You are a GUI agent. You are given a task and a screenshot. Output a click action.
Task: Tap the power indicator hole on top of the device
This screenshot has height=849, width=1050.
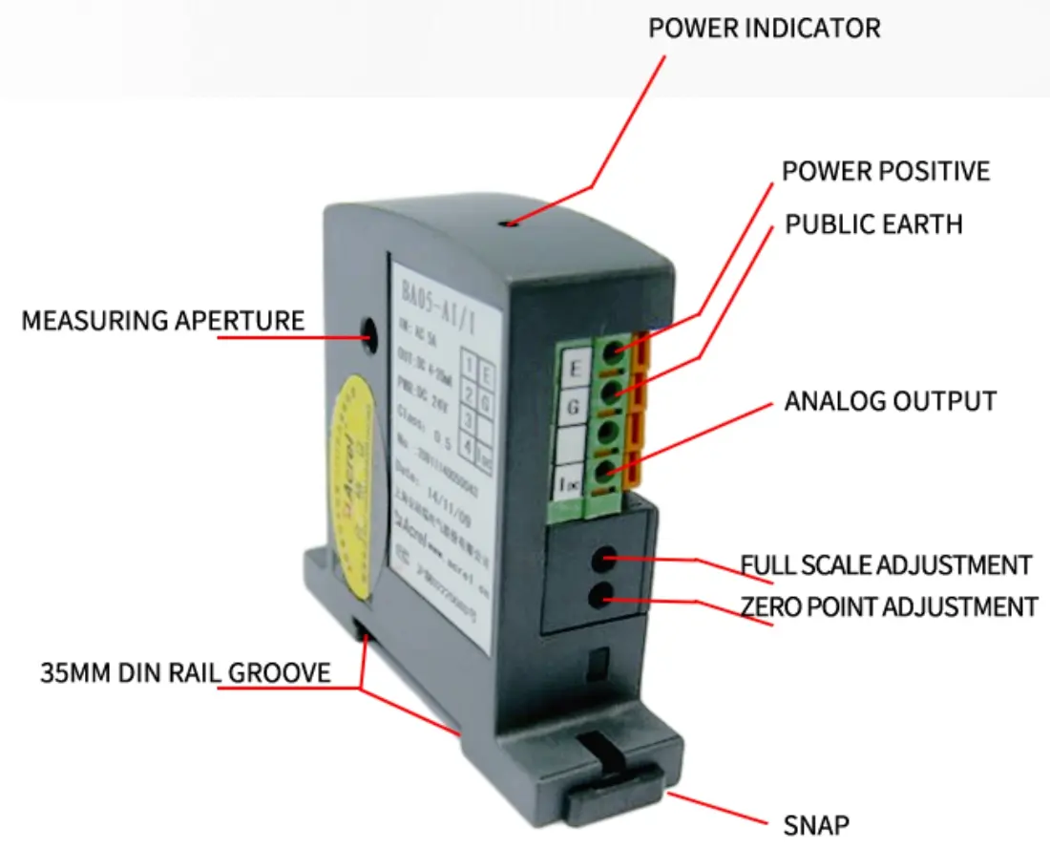click(513, 223)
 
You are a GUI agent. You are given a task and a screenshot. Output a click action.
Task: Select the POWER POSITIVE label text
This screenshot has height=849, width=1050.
click(885, 172)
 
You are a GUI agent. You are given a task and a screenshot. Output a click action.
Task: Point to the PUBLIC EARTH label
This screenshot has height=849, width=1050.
click(873, 224)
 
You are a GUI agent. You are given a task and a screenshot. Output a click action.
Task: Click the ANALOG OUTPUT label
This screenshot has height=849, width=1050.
click(890, 401)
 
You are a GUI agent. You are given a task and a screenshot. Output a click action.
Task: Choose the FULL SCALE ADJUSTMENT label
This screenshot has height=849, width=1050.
click(886, 564)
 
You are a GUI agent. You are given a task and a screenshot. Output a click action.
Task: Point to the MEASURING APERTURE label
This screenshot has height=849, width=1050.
click(162, 320)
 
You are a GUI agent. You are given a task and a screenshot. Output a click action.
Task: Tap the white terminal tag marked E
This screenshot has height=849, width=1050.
click(575, 367)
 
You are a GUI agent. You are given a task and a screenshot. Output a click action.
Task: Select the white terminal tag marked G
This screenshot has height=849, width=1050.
click(574, 407)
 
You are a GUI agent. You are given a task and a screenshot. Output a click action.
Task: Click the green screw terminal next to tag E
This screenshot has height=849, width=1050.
click(612, 350)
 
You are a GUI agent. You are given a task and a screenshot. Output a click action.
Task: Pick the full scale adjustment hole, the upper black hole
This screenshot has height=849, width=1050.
click(603, 558)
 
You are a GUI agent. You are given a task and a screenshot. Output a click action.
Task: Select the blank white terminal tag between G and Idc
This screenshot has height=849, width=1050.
click(572, 444)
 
